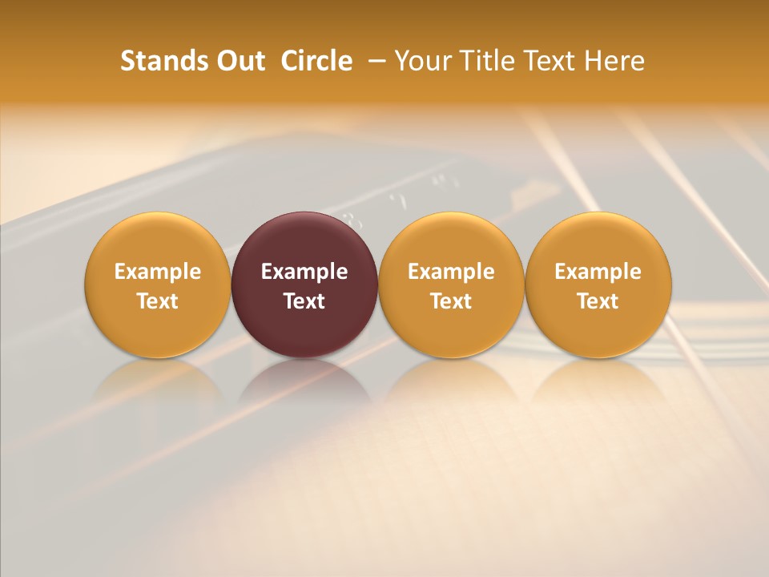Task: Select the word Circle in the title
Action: (x=316, y=61)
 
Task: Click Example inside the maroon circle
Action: (x=304, y=272)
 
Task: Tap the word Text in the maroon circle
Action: (x=304, y=301)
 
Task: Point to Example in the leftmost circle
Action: (x=158, y=272)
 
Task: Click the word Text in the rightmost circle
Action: (x=598, y=301)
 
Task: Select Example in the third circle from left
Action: (x=451, y=272)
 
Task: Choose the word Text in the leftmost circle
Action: (x=158, y=301)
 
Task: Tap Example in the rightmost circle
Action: (x=598, y=272)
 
